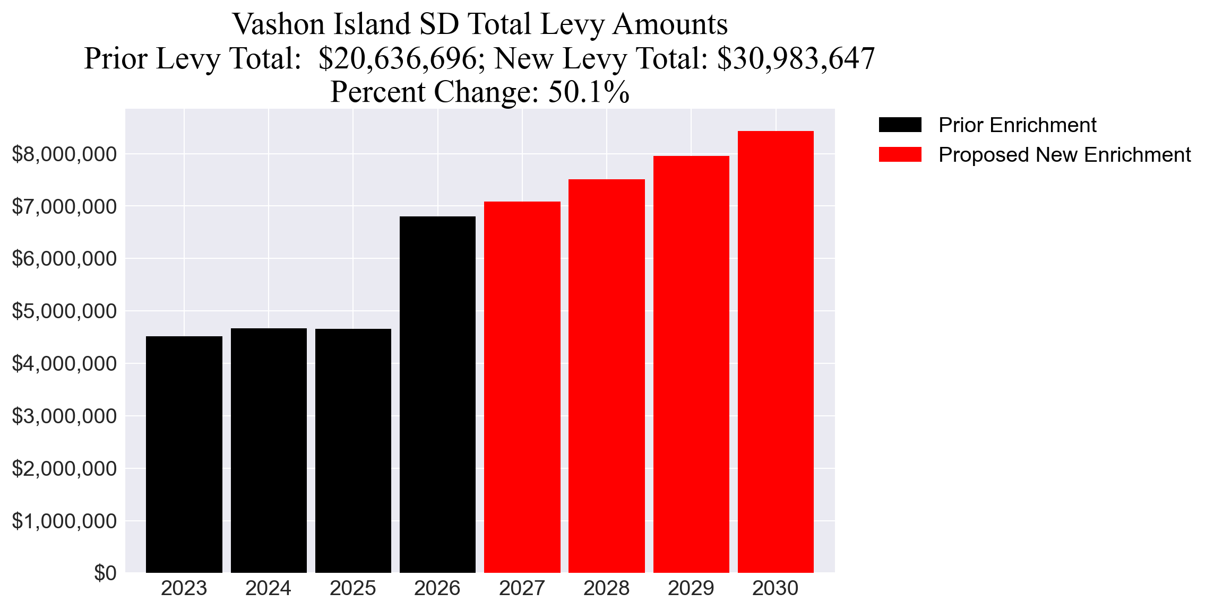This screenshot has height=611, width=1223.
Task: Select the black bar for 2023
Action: point(184,454)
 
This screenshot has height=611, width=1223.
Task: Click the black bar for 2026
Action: point(437,394)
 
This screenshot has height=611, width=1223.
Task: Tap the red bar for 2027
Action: point(522,387)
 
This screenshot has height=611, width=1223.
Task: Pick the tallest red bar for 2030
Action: point(775,352)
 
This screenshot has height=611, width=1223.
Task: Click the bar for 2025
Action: point(353,450)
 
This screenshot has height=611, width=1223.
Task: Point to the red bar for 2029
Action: point(691,364)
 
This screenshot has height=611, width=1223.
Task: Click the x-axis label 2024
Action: point(268,588)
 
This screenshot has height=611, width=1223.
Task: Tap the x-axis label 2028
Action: point(606,588)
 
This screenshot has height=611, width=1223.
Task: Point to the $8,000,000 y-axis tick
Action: point(64,154)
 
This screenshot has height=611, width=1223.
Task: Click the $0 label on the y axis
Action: point(105,573)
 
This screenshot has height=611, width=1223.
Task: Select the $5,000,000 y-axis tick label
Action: point(64,311)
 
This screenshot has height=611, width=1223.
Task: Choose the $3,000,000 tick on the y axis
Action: point(64,416)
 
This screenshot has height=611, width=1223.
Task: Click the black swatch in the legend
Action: point(900,125)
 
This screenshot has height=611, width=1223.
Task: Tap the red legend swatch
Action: point(900,155)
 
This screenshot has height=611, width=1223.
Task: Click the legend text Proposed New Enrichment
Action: point(1064,155)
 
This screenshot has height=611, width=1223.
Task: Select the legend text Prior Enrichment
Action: point(1017,125)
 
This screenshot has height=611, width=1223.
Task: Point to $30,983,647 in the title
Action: point(795,58)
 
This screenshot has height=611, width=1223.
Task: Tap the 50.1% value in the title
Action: point(588,92)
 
